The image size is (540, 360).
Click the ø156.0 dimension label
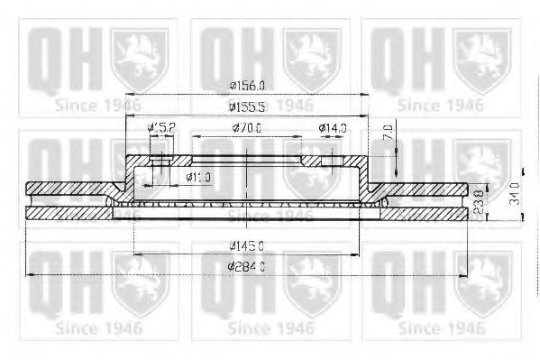[x=246, y=86]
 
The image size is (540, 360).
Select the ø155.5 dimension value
[x=246, y=106]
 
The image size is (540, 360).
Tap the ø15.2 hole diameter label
[x=161, y=129]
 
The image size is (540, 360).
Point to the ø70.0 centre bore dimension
[x=246, y=129]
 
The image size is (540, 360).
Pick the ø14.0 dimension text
[x=333, y=129]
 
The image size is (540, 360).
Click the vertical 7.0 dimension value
[x=388, y=132]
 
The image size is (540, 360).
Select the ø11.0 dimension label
[x=197, y=177]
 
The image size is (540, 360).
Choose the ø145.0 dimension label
[x=246, y=245]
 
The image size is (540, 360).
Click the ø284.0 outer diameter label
[x=246, y=266]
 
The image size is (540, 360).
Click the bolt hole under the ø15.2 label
[x=160, y=162]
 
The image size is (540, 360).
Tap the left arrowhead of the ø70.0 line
[x=196, y=138]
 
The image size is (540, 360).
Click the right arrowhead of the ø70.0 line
[x=299, y=138]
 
